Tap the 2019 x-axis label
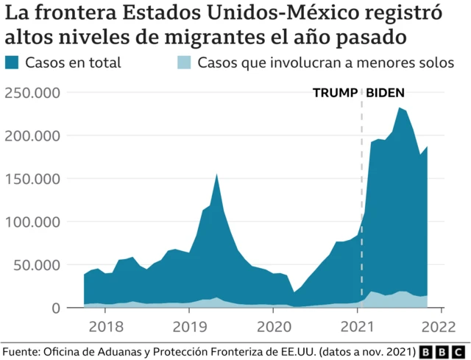coord(189,325)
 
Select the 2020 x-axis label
coord(273,325)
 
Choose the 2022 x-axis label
coord(440,325)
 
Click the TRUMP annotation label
coord(335,93)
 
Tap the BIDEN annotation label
coord(386,93)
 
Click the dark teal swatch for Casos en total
coord(13,62)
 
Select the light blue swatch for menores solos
coord(185,62)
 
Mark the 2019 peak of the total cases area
coord(216,174)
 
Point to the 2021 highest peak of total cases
coord(399,108)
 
